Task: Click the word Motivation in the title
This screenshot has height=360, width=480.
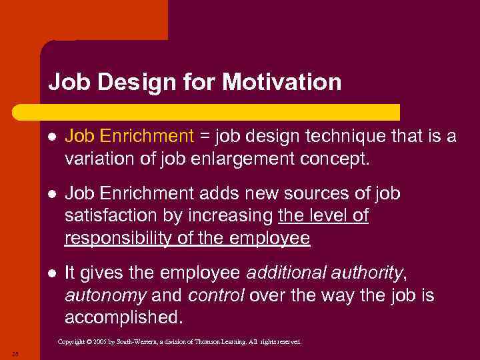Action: tap(281, 82)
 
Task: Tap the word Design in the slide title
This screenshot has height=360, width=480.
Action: tap(128, 82)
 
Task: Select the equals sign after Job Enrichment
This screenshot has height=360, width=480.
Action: tap(205, 136)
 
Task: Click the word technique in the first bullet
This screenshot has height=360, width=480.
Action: tap(342, 136)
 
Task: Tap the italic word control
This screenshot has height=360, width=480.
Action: tap(212, 295)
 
